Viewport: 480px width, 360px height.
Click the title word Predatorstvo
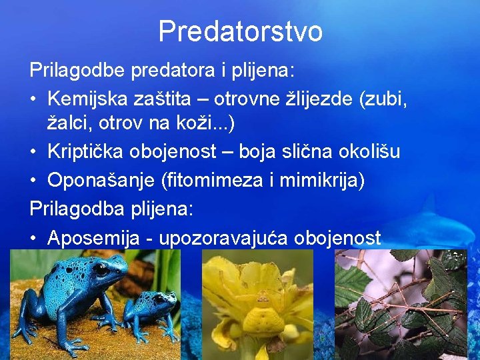coord(240,31)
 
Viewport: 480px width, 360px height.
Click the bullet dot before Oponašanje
coord(34,181)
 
